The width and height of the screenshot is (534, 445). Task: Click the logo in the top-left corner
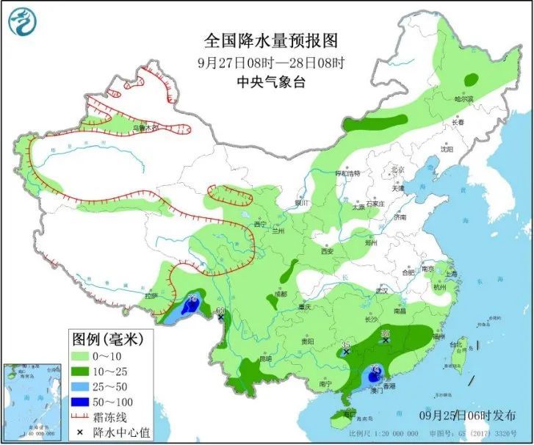click(23, 21)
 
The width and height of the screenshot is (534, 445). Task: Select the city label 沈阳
click(447, 148)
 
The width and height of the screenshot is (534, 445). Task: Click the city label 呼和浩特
click(347, 174)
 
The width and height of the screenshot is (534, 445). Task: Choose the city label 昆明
click(264, 358)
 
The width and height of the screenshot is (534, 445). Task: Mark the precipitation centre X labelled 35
click(346, 352)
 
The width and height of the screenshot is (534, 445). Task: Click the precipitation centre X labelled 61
click(220, 317)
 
